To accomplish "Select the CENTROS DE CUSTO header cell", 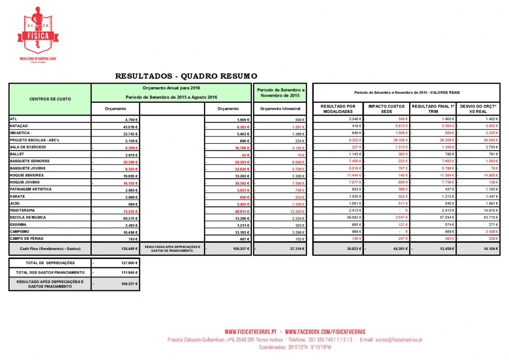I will coord(50,99).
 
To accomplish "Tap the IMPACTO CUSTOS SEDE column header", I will coord(386,108).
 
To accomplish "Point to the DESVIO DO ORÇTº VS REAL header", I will coord(478,108).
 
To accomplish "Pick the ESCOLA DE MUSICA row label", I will coord(27,217).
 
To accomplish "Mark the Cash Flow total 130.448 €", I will coord(127,248).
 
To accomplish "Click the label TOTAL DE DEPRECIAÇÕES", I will coord(50,263).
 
